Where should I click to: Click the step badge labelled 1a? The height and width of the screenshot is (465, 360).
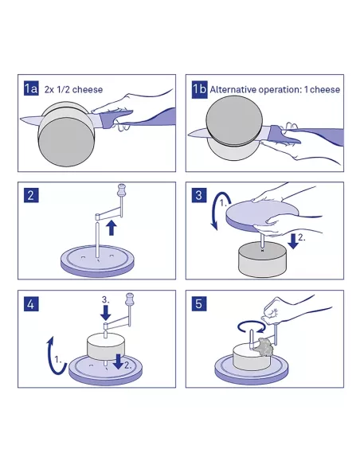coord(31,88)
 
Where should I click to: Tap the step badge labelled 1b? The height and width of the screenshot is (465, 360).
coord(199,88)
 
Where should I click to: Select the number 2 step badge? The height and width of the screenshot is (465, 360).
coord(31,195)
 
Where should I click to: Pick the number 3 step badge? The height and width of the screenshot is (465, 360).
coord(199,195)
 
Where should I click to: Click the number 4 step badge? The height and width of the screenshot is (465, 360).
coord(31,304)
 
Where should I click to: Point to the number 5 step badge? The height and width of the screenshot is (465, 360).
coord(199,304)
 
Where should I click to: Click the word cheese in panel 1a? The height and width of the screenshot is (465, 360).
coord(88,89)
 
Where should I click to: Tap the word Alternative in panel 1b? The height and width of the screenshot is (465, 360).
coord(233,89)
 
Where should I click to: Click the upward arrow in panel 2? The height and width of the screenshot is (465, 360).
coord(112,228)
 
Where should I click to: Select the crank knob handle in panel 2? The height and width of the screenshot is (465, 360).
coord(122,190)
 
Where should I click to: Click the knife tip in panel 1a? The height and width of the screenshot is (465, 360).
coord(20,119)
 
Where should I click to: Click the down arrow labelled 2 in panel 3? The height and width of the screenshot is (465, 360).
coord(293,241)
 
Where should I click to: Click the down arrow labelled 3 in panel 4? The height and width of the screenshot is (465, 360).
coord(105,313)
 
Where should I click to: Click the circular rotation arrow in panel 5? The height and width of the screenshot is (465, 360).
coord(251,326)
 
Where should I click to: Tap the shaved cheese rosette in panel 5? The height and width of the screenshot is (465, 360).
coord(264,346)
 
